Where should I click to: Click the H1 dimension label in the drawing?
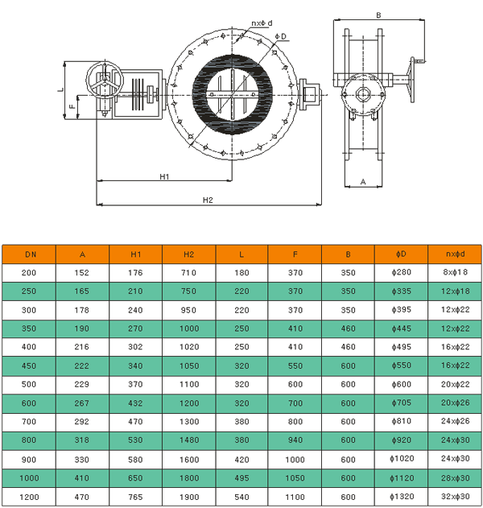(164, 176)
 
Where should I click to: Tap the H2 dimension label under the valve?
(208, 200)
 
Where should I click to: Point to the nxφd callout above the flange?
(262, 23)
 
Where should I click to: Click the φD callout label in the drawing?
(281, 36)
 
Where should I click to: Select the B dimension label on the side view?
(378, 15)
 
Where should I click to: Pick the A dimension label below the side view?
(363, 182)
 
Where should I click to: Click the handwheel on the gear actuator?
(105, 80)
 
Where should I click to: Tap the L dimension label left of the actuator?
(61, 89)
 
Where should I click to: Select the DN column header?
(31, 254)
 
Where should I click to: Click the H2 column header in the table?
(188, 254)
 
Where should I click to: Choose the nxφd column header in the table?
(455, 254)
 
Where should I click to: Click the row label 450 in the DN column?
(29, 366)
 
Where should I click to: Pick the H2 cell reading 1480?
(189, 440)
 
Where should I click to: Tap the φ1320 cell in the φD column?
(402, 497)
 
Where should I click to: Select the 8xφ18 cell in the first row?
(455, 272)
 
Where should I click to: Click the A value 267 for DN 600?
(81, 403)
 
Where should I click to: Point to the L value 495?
(242, 478)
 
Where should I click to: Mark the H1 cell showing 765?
(135, 497)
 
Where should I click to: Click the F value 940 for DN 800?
(295, 440)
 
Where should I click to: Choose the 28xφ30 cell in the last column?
(455, 478)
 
